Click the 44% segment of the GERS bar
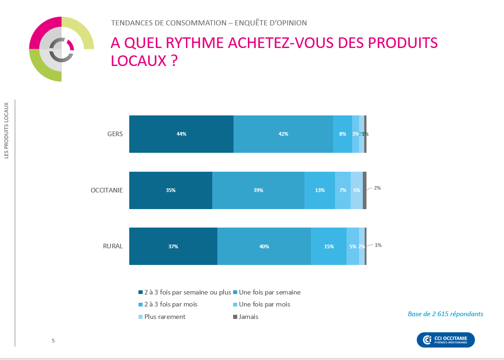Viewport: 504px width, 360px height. tap(181, 134)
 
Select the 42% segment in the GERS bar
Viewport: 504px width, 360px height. tap(283, 134)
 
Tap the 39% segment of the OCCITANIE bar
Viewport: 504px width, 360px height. tap(258, 190)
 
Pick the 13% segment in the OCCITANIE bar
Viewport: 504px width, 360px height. tap(320, 190)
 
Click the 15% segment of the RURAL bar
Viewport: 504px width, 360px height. tap(329, 246)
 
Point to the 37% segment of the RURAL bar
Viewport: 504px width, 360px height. tap(173, 246)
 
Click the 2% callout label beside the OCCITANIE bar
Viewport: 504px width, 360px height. tap(377, 188)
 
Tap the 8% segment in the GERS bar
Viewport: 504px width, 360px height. tap(342, 134)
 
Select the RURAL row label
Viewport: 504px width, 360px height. tap(113, 246)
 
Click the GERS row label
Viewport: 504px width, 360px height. tap(114, 134)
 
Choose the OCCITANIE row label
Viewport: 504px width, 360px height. tap(107, 190)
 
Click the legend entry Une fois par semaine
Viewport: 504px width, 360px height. tap(270, 292)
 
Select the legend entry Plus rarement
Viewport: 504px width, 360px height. tap(165, 317)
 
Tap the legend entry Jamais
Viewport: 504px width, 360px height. tap(248, 317)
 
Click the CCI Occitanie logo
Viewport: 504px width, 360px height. tap(445, 340)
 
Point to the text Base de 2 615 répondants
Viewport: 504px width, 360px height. tap(445, 314)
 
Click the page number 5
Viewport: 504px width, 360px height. tap(53, 341)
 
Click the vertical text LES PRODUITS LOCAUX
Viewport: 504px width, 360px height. tap(6, 131)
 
